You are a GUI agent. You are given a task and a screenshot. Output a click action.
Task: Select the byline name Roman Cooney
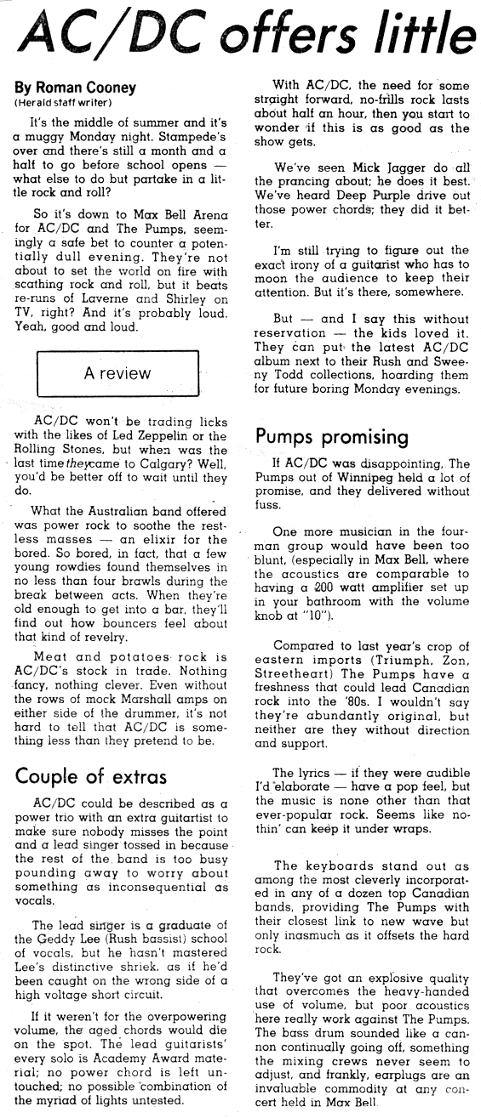coord(74,88)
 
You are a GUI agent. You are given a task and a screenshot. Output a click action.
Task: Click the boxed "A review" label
coord(117,372)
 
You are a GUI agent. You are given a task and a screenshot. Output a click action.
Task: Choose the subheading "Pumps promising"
coord(332,436)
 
